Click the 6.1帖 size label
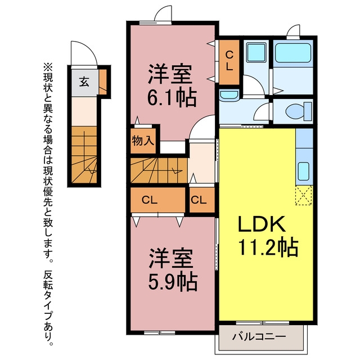(172, 99)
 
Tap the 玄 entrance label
(83, 82)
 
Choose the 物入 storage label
(143, 140)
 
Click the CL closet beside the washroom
(229, 60)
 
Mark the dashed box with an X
(304, 195)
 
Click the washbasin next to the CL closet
(228, 96)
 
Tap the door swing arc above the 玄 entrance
(84, 53)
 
